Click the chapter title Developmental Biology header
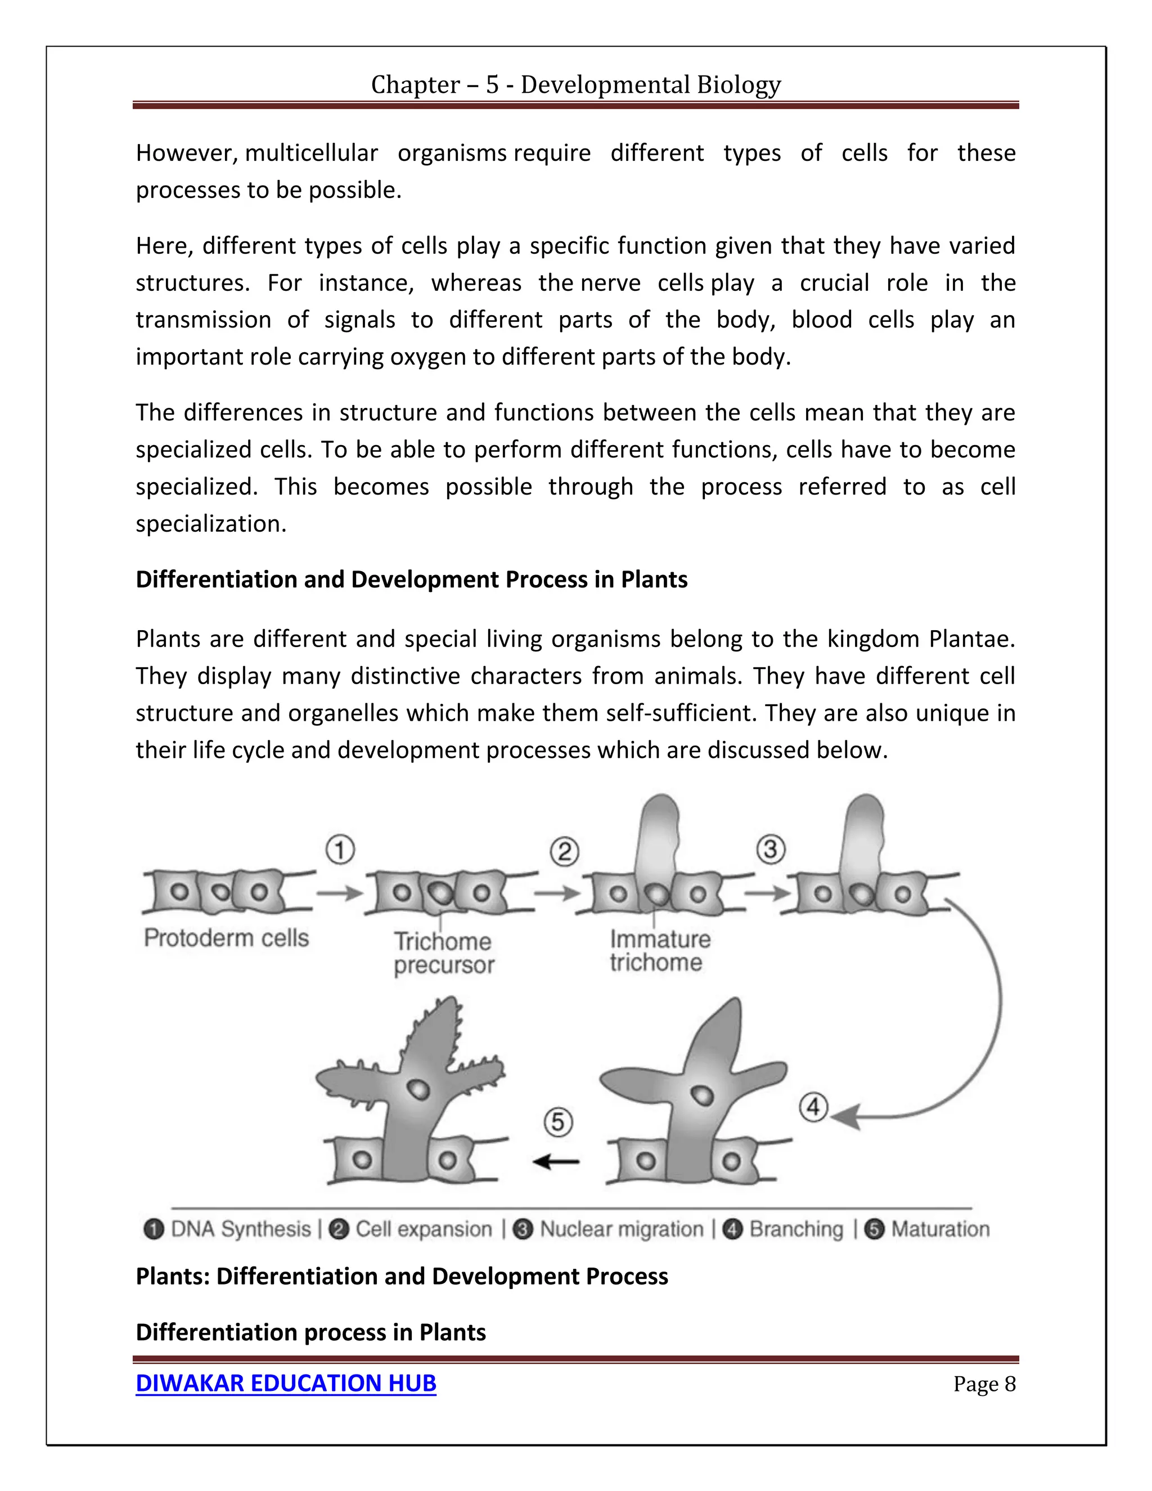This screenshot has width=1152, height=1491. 575,84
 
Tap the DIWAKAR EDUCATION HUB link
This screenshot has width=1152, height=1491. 285,1382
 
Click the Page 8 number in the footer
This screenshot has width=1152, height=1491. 984,1384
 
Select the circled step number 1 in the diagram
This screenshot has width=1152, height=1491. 340,851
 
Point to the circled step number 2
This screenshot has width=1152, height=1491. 564,852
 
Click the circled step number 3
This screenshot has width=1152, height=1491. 771,850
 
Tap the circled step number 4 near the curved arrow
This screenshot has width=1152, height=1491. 813,1107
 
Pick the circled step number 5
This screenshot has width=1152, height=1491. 557,1122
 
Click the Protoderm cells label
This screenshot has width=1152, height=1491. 226,938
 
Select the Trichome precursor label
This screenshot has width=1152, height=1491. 444,953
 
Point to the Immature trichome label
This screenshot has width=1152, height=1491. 659,951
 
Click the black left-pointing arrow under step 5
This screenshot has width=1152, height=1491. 556,1161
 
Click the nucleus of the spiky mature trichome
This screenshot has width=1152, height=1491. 418,1090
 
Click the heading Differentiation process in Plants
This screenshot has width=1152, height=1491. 310,1332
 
